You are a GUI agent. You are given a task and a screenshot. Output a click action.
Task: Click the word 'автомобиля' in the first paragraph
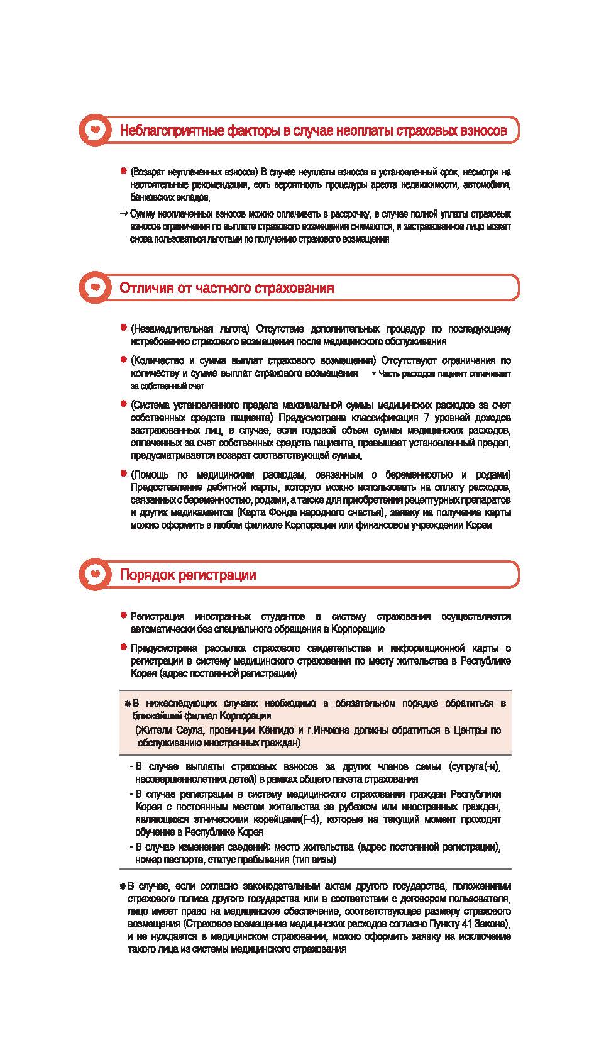coord(489,185)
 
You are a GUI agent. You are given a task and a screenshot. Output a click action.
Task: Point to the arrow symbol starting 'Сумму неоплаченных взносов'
coord(124,213)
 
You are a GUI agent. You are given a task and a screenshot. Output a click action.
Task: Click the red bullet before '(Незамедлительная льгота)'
coord(124,328)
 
